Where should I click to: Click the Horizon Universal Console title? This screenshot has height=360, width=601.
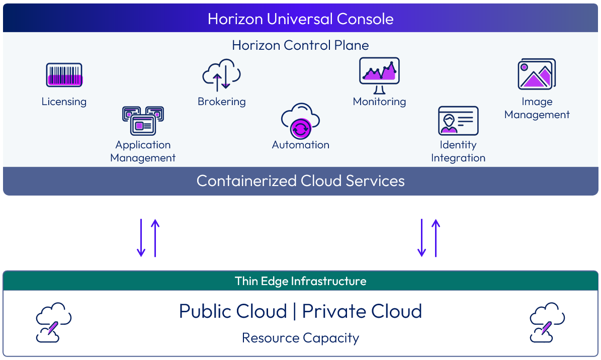[x=300, y=19]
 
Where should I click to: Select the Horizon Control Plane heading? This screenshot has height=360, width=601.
[x=300, y=45]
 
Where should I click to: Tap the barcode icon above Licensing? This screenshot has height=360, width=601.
[x=64, y=75]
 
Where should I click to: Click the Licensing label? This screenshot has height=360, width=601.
[x=64, y=102]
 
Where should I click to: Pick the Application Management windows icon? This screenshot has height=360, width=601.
[x=143, y=121]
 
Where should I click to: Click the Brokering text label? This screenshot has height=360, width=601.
[x=221, y=102]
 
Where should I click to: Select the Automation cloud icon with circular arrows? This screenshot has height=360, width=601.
[x=300, y=121]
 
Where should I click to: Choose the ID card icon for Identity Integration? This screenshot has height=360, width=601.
[x=458, y=121]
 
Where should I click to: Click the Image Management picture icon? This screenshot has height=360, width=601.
[x=537, y=74]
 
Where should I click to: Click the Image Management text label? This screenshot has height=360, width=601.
[x=537, y=108]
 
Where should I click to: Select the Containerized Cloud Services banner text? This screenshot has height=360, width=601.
[x=300, y=181]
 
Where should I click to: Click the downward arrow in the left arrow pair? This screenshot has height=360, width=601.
[x=141, y=238]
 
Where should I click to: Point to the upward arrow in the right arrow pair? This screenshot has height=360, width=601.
[x=436, y=238]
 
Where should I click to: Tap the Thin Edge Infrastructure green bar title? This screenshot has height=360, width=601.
[x=300, y=281]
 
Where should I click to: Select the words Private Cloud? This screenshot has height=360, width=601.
[x=362, y=311]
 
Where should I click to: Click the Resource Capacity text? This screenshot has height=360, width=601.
[x=300, y=338]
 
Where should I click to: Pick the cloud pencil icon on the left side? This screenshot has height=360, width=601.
[x=53, y=322]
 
